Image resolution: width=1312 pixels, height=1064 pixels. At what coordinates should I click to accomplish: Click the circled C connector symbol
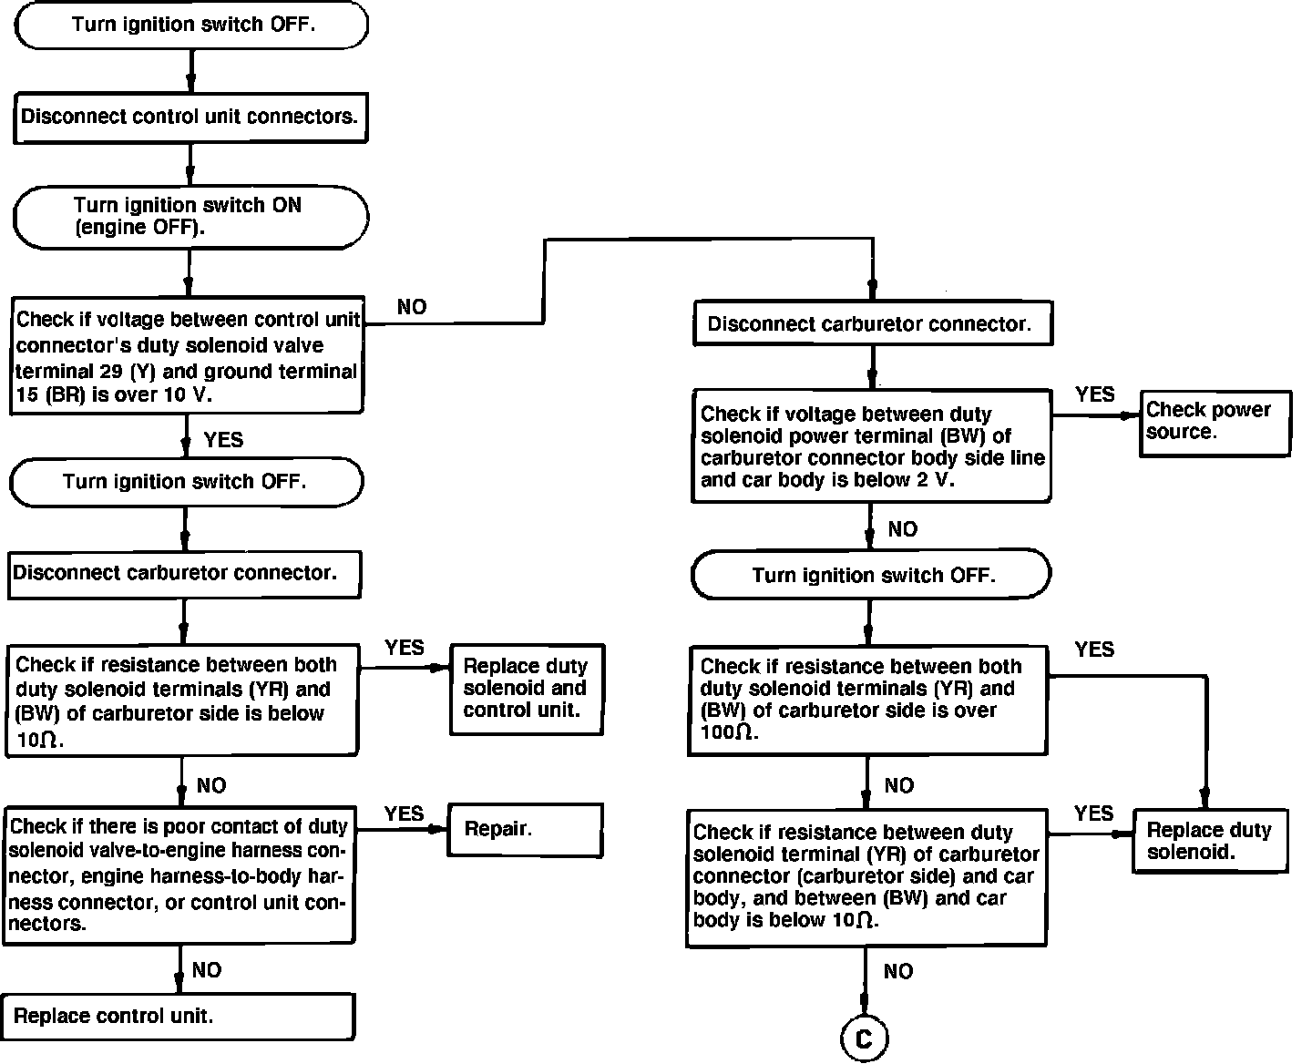pyautogui.click(x=864, y=1038)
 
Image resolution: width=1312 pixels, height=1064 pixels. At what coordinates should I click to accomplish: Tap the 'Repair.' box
pyautogui.click(x=525, y=829)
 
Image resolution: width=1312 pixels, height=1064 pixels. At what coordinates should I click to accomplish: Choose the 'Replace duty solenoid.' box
pyautogui.click(x=1210, y=841)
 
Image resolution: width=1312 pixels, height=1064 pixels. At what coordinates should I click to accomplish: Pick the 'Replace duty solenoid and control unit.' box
pyautogui.click(x=527, y=689)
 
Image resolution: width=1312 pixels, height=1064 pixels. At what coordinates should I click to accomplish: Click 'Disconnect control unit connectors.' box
pyautogui.click(x=190, y=117)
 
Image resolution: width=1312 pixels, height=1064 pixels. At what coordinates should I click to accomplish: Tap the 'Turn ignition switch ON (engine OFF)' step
pyautogui.click(x=190, y=217)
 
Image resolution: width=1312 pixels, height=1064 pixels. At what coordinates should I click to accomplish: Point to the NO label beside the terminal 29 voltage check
pyautogui.click(x=412, y=308)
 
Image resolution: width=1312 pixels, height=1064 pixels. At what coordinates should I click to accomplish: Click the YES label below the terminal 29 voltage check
pyautogui.click(x=223, y=440)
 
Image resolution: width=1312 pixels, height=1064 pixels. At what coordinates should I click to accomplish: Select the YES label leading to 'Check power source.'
pyautogui.click(x=1094, y=394)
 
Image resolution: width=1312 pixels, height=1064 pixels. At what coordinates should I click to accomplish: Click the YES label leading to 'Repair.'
pyautogui.click(x=404, y=813)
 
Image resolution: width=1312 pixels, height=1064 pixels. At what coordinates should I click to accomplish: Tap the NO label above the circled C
pyautogui.click(x=898, y=972)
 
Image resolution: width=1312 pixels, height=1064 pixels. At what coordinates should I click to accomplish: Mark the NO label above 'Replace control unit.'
pyautogui.click(x=207, y=970)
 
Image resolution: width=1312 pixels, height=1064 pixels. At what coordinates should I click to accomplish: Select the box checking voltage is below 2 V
pyautogui.click(x=871, y=446)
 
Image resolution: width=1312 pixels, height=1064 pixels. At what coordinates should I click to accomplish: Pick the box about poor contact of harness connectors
pyautogui.click(x=179, y=875)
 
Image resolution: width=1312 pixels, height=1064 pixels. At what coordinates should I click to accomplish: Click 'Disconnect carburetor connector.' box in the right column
pyautogui.click(x=872, y=324)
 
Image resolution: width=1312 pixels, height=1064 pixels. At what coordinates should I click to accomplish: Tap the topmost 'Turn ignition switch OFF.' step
pyautogui.click(x=191, y=25)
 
